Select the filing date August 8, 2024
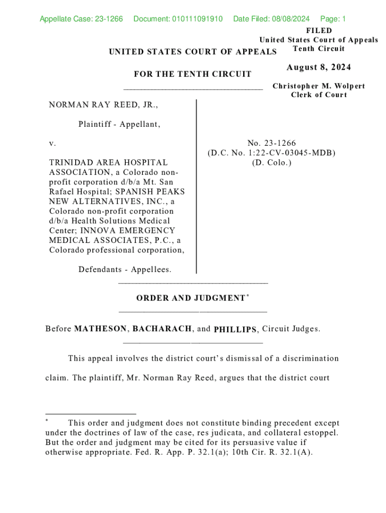pyautogui.click(x=319, y=68)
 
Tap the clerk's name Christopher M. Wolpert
pyautogui.click(x=319, y=86)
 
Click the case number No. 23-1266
pyautogui.click(x=271, y=144)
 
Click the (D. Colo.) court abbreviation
pyautogui.click(x=271, y=163)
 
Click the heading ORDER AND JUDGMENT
pyautogui.click(x=190, y=299)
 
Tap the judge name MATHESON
pyautogui.click(x=100, y=329)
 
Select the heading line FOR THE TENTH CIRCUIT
pyautogui.click(x=192, y=75)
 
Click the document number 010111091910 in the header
pyautogui.click(x=191, y=20)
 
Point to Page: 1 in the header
pyautogui.click(x=333, y=20)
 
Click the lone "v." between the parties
pyautogui.click(x=53, y=144)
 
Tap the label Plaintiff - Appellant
pyautogui.click(x=119, y=124)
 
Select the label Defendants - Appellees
pyautogui.click(x=125, y=270)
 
